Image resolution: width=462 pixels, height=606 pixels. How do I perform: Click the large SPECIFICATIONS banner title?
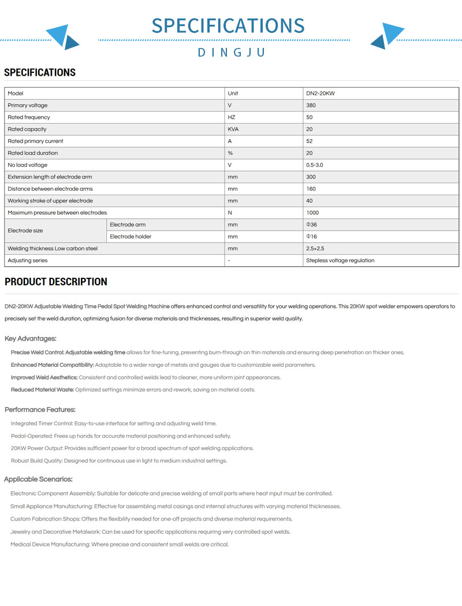pos(228,26)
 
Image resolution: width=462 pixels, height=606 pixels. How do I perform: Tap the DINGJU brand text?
pos(231,53)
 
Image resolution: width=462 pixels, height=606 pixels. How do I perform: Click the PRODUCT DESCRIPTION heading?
pos(56,282)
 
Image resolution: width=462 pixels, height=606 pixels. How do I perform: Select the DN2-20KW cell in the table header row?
pos(321,94)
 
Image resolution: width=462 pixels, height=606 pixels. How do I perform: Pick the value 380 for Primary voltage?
pos(311,106)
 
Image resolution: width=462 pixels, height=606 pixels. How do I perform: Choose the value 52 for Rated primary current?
pos(310,141)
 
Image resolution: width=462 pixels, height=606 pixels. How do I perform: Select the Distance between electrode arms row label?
pos(50,189)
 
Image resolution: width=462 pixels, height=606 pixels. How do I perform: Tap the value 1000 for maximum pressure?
pos(312,213)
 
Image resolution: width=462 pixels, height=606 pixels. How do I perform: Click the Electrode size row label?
pos(25,230)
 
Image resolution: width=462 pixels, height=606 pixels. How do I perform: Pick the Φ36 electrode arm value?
pos(312,225)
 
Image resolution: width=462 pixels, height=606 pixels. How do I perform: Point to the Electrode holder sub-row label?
pos(131,236)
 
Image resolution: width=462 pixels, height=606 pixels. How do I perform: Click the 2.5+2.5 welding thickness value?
pos(315,248)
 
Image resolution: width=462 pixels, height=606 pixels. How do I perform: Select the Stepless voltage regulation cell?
pos(340,261)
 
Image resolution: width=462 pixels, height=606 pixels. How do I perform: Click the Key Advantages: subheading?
pos(31,339)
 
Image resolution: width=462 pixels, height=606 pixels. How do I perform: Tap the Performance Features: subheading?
pos(40,410)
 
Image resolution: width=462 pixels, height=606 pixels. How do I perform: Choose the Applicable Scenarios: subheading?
pos(38,479)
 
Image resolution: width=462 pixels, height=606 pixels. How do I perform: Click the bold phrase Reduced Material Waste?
pos(42,390)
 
